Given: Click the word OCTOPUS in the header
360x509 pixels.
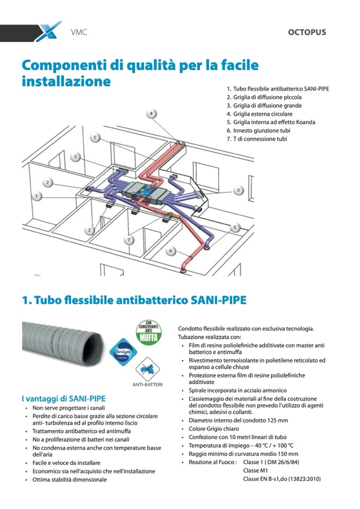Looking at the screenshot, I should tap(307, 32).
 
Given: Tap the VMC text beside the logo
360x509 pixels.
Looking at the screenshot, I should tap(79, 32).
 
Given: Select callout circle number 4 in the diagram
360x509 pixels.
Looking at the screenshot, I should tap(151, 114).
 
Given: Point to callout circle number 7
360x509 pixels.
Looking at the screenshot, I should tap(128, 239).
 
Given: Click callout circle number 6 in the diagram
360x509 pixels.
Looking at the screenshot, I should tap(171, 251).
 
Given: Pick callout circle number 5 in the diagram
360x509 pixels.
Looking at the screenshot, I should tap(235, 227).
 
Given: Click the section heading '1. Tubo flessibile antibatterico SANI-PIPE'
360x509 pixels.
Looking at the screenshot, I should tap(134, 300).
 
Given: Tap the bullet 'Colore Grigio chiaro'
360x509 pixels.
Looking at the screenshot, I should tap(214, 428).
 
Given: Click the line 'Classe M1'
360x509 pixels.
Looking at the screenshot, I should tap(254, 471).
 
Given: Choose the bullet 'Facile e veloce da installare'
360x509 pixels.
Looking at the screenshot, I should tap(66, 463).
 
